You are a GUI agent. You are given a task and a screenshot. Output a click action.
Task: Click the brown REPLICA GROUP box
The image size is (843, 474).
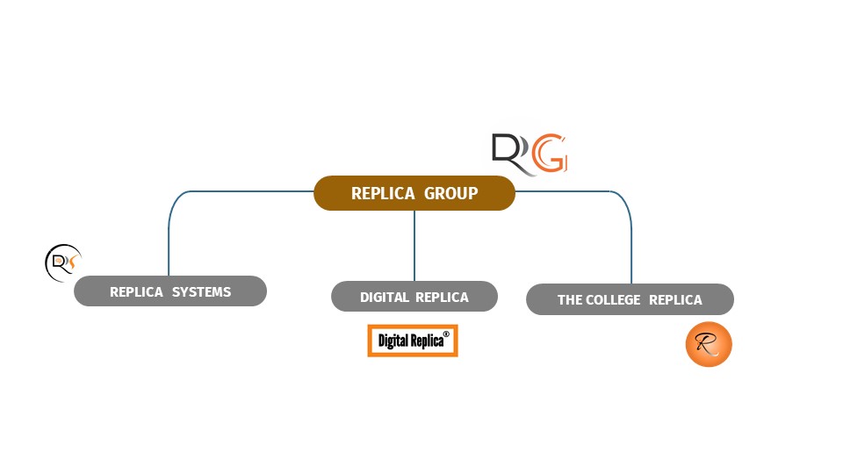point(414,193)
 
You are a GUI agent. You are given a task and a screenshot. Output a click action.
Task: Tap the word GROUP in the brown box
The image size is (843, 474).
point(451,193)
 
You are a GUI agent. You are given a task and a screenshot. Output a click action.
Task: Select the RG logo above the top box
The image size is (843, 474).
point(530,154)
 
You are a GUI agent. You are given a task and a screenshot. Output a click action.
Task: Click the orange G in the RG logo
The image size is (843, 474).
point(551,154)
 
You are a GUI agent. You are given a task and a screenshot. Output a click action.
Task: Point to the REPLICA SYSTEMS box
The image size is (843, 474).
point(170,291)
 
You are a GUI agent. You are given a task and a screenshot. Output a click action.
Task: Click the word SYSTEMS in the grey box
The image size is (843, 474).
point(201,292)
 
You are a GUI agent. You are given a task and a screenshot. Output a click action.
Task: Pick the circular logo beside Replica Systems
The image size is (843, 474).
point(62,262)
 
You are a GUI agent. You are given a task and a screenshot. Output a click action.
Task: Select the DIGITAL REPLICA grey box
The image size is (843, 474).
point(414,297)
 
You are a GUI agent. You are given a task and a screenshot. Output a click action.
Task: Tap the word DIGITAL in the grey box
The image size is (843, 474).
point(385,298)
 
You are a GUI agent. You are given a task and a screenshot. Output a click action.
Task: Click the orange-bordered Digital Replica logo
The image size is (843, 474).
point(413,341)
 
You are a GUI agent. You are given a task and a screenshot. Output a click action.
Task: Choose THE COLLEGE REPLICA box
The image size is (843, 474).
point(630,299)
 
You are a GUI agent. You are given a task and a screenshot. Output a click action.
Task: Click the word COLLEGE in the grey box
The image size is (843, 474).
point(611,300)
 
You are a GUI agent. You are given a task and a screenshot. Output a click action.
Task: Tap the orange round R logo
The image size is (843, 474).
point(709,344)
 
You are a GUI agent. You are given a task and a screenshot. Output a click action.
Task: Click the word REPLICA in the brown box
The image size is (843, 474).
point(383,193)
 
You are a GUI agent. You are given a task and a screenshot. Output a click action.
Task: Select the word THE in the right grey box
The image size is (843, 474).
point(569,300)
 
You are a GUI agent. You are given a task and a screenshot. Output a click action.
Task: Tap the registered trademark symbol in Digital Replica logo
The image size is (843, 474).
point(446,334)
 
